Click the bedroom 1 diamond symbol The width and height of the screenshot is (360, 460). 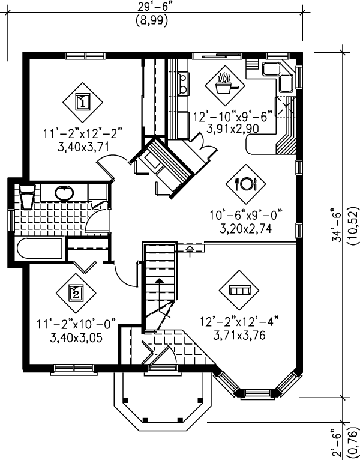[x=83, y=103]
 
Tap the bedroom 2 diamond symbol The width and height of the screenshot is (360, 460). [x=76, y=294]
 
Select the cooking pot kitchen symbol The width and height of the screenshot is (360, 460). [x=225, y=85]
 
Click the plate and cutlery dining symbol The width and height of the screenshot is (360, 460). [x=245, y=184]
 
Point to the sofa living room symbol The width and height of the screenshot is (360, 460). [x=239, y=290]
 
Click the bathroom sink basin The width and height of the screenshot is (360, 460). [x=64, y=193]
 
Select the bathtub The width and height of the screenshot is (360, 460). [x=40, y=248]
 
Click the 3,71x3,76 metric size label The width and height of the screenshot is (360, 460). [x=239, y=335]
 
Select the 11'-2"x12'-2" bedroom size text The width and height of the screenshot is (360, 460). [x=83, y=134]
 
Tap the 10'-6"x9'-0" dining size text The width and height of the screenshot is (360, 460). [x=246, y=216]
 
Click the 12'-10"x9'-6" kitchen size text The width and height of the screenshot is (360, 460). [x=233, y=117]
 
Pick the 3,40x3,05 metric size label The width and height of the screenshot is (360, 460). [x=76, y=338]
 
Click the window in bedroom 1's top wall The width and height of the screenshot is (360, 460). [x=85, y=56]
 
